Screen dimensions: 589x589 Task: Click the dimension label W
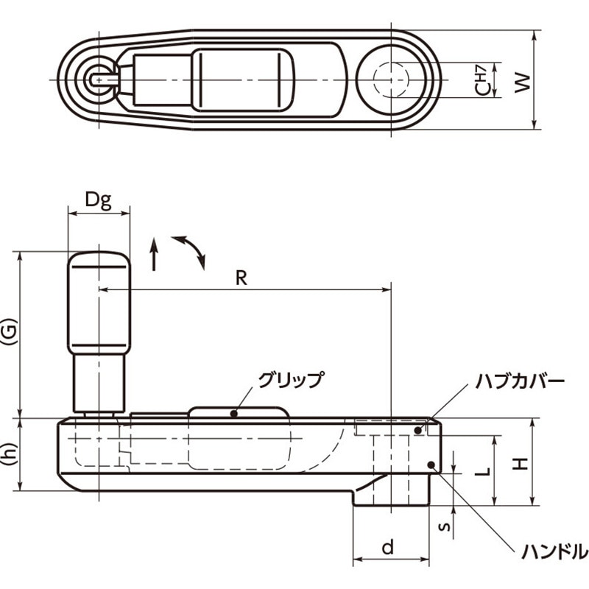523,82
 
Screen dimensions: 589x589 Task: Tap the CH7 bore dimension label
483,80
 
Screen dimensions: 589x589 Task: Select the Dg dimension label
98,200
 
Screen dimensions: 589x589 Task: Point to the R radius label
241,278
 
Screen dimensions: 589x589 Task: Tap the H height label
521,464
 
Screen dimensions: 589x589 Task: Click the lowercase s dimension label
445,526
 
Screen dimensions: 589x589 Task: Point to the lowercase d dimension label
388,547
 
